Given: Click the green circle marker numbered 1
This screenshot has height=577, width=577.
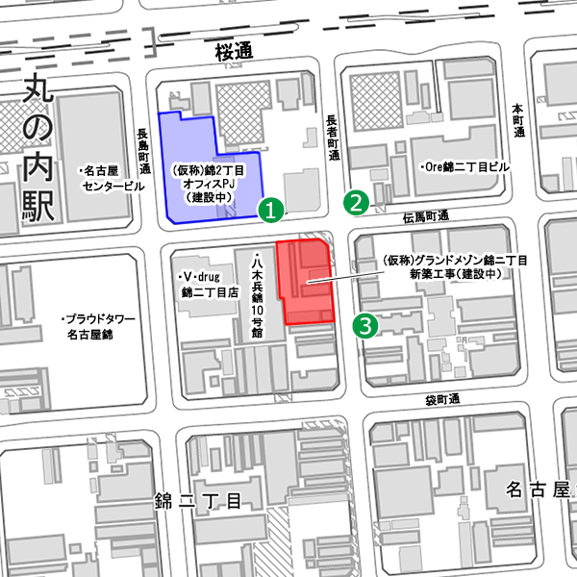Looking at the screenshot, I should pyautogui.click(x=271, y=207).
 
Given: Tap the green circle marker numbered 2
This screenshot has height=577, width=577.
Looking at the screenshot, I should pyautogui.click(x=357, y=202).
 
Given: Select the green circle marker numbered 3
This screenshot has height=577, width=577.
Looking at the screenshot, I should pyautogui.click(x=365, y=325).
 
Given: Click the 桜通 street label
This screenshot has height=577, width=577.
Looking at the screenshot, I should pyautogui.click(x=233, y=52).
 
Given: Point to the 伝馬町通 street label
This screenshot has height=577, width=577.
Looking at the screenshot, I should pyautogui.click(x=426, y=217).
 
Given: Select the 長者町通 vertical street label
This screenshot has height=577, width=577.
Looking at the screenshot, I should pyautogui.click(x=332, y=136).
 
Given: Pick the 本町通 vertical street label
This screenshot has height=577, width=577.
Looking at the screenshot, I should pyautogui.click(x=518, y=120).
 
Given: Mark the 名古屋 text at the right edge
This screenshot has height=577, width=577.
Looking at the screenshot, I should pyautogui.click(x=539, y=489).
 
